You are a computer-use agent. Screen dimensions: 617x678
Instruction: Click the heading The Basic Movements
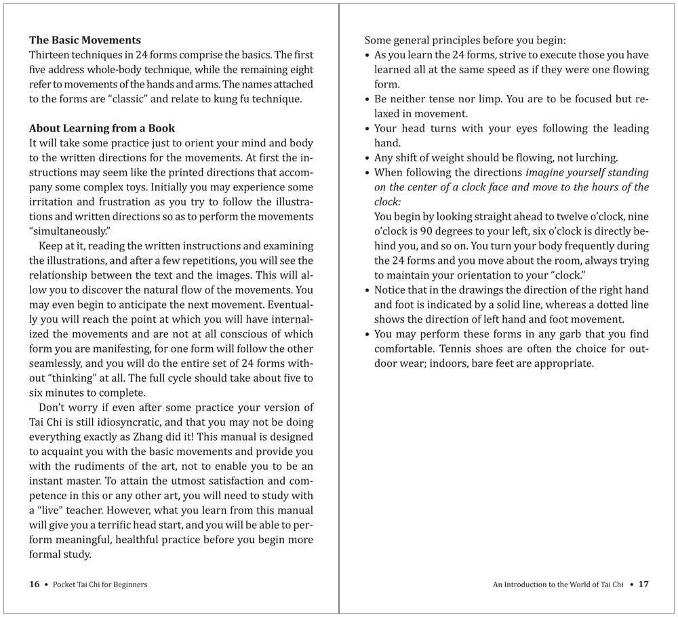(x=85, y=40)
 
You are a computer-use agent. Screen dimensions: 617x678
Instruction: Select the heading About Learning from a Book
(x=102, y=128)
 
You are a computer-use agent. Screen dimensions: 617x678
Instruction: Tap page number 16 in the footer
(x=35, y=584)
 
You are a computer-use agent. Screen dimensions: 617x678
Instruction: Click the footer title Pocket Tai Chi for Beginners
(x=100, y=584)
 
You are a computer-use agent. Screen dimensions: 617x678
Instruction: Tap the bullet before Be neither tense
(x=367, y=99)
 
